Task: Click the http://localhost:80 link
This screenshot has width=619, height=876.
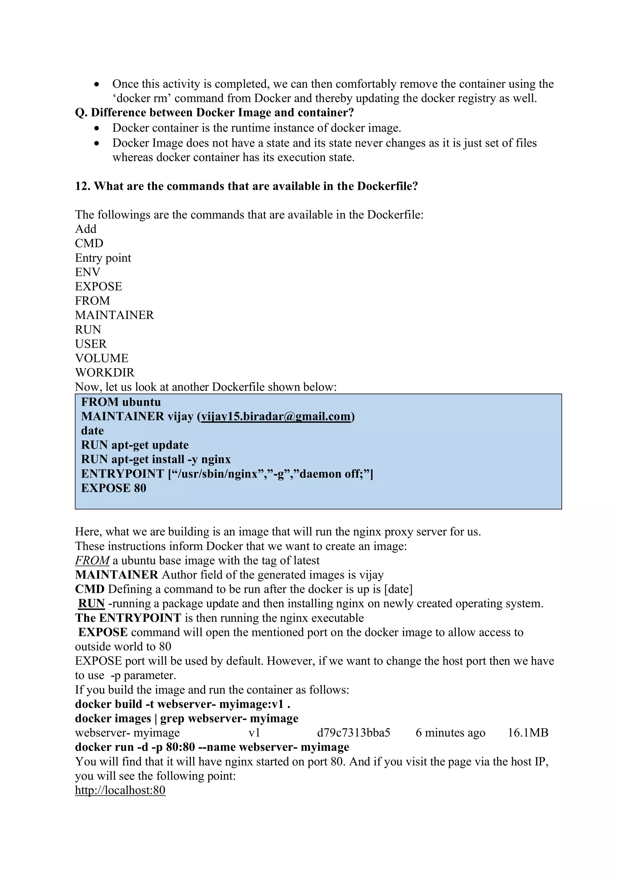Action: click(x=120, y=790)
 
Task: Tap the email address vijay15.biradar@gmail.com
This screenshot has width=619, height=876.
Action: click(x=275, y=416)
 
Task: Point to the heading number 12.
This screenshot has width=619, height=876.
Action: click(x=82, y=186)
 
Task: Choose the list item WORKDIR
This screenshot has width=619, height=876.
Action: click(x=105, y=372)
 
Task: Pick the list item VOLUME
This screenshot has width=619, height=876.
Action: click(x=102, y=358)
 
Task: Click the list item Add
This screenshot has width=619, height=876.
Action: click(x=86, y=229)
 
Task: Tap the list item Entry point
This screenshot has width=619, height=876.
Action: click(x=103, y=258)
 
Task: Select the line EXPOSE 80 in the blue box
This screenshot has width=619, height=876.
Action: click(x=114, y=488)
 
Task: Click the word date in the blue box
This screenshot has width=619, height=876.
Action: click(x=92, y=431)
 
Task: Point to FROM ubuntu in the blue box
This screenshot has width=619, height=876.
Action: click(x=121, y=402)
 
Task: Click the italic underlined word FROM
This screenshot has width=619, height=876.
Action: click(x=92, y=560)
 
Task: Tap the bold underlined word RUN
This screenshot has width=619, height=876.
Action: click(x=92, y=604)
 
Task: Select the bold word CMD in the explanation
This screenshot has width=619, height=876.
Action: click(x=90, y=589)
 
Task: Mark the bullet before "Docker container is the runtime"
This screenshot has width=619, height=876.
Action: click(x=98, y=128)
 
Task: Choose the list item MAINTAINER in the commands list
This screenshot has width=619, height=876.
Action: click(x=115, y=315)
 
